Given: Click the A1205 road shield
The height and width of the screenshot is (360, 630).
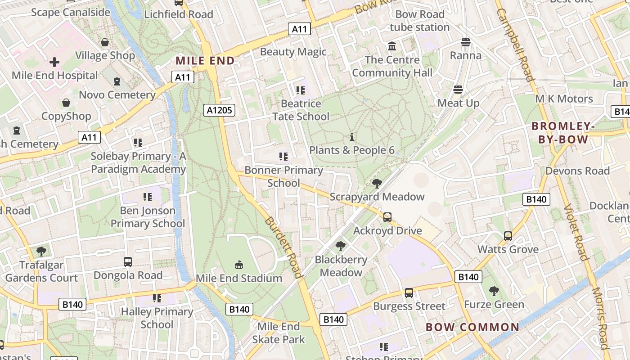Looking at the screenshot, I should coord(219,110).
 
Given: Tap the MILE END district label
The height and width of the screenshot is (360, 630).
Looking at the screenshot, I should coord(205,61).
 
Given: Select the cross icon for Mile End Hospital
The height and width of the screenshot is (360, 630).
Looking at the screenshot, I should coord(54,62).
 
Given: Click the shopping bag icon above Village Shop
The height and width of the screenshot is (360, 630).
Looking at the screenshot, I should coord(105,42).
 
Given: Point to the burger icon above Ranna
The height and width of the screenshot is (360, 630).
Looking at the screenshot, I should coord(466,42).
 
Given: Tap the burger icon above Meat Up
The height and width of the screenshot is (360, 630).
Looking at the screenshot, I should coord(458,90).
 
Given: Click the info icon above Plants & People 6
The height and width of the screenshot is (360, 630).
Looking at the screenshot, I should coord(352,137).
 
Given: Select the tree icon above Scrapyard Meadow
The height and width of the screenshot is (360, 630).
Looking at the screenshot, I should coord(377,183).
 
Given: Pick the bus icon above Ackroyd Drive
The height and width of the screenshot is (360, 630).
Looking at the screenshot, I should coord(387,217).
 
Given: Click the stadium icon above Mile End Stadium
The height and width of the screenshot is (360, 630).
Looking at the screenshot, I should coord(239,265).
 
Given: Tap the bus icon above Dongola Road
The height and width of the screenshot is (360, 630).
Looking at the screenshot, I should coord(128,262).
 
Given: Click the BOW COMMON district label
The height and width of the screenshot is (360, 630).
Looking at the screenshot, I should coord(472,327).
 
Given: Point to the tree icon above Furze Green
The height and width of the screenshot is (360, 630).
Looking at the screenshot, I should coord(494,291).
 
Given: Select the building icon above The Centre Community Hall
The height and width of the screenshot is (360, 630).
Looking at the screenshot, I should coord(392,46).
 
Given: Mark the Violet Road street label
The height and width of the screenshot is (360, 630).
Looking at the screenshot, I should coord(576,232).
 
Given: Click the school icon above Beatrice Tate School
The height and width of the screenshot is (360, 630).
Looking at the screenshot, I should coord(301,90).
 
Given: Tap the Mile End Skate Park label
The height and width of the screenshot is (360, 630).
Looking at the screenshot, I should coord(279,333).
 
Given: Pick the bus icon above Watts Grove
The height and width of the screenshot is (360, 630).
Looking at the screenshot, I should coord(508,236).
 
